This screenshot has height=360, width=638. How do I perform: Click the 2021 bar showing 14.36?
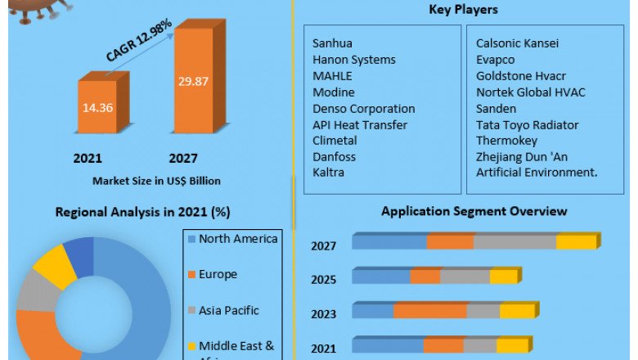pyautogui.click(x=97, y=106)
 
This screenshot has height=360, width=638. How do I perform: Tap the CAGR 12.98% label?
pyautogui.click(x=139, y=41)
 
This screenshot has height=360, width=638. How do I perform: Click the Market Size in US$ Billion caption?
pyautogui.click(x=156, y=180)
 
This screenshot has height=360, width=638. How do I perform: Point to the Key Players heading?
pyautogui.click(x=463, y=10)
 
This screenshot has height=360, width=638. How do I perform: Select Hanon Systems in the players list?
pyautogui.click(x=354, y=60)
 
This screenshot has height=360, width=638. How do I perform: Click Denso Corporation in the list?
pyautogui.click(x=364, y=108)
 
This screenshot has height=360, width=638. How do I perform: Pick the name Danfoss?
pyautogui.click(x=335, y=156)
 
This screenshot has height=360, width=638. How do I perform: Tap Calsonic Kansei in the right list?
pyautogui.click(x=518, y=43)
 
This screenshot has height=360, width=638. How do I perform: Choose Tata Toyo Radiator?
pyautogui.click(x=528, y=124)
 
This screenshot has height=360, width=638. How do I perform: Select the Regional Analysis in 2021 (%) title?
pyautogui.click(x=142, y=212)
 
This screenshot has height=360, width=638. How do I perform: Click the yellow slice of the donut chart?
pyautogui.click(x=52, y=266)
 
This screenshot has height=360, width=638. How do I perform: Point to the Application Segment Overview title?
pyautogui.click(x=474, y=211)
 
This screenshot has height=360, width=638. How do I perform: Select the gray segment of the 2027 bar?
pyautogui.click(x=514, y=242)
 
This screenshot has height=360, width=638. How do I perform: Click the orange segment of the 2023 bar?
pyautogui.click(x=430, y=312)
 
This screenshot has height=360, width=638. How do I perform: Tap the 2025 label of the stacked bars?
pyautogui.click(x=324, y=279)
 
